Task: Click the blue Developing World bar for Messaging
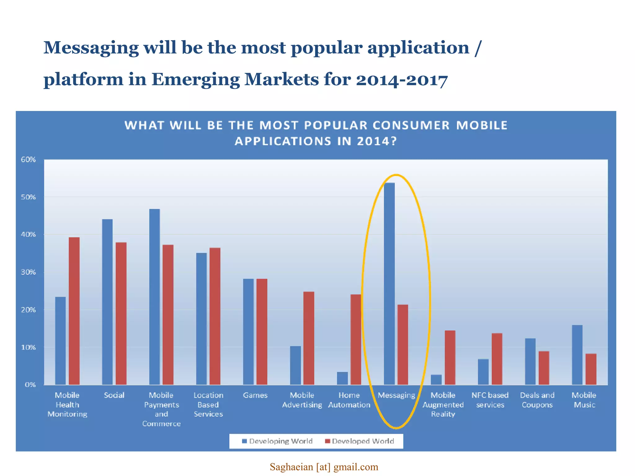[x=389, y=284]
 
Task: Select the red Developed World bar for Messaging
[x=403, y=345]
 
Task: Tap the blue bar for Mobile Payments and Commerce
[x=154, y=297]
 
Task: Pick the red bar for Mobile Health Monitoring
[x=74, y=311]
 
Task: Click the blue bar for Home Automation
[x=342, y=378]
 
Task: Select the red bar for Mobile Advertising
[x=309, y=338]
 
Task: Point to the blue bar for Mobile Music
[x=577, y=355]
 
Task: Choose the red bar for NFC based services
[x=497, y=359]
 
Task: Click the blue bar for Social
[x=107, y=302]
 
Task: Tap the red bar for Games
[x=262, y=332]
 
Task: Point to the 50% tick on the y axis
[x=28, y=197]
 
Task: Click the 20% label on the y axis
[x=28, y=310]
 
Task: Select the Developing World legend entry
[x=277, y=441]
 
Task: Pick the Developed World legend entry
[x=360, y=441]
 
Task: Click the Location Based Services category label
[x=208, y=404]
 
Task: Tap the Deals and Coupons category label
[x=537, y=400]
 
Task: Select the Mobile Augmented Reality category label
[x=443, y=404]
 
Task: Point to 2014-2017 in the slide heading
[x=402, y=80]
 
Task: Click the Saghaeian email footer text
[x=324, y=467]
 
